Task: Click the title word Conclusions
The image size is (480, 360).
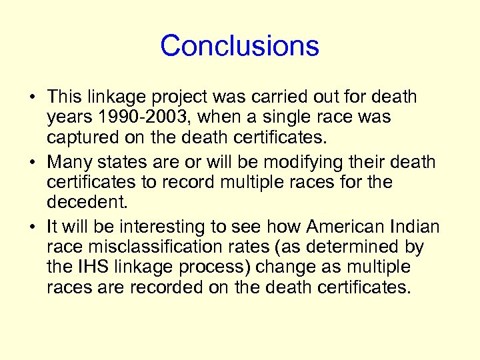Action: (x=239, y=45)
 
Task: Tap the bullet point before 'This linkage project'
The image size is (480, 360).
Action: (x=32, y=97)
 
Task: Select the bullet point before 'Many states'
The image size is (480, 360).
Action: (x=32, y=163)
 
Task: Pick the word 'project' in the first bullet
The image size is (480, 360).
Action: (x=167, y=97)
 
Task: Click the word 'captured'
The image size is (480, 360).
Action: (x=79, y=138)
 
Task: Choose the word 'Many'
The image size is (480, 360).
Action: (x=70, y=163)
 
